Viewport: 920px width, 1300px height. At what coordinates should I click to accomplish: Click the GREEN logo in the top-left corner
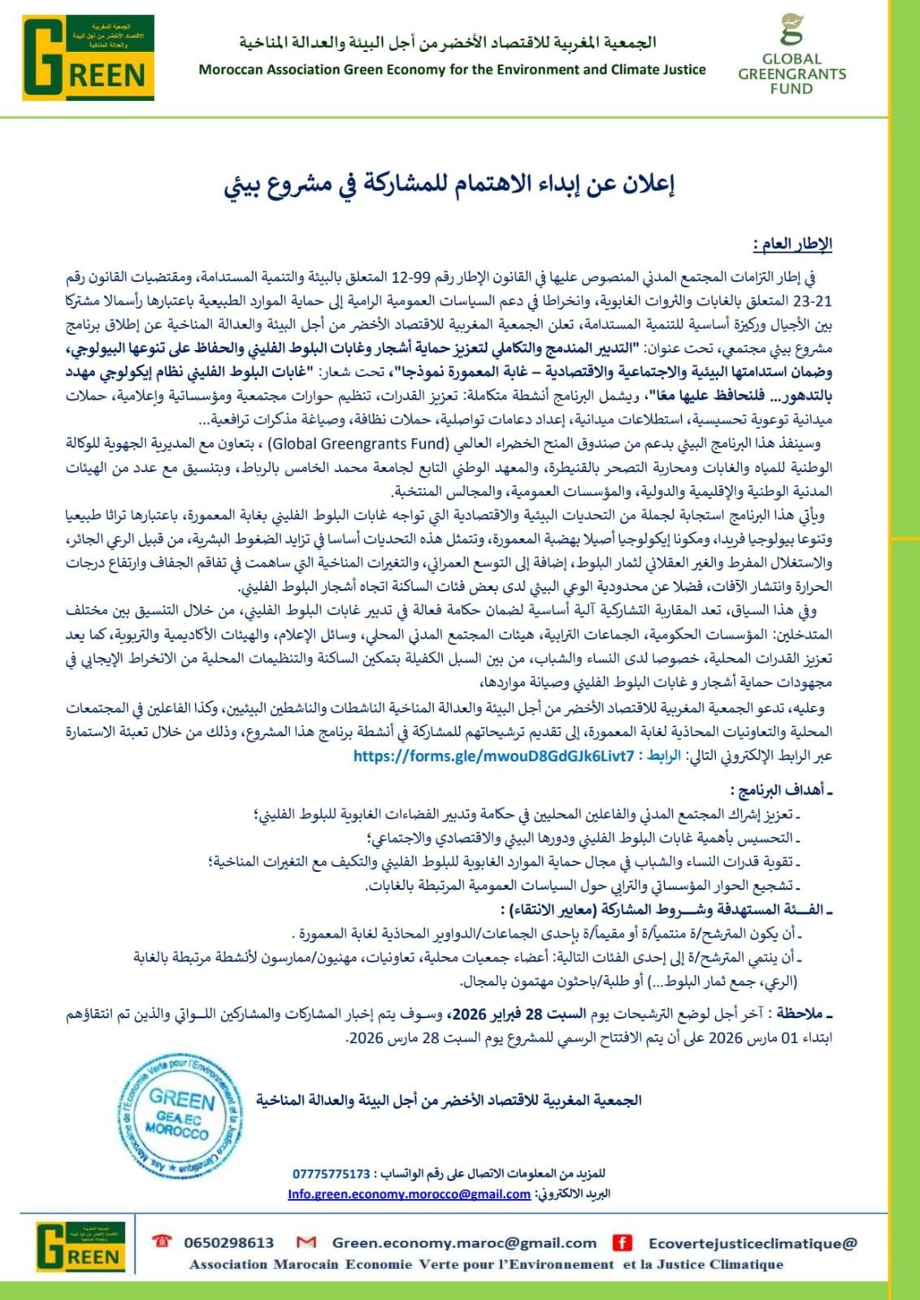click(88, 57)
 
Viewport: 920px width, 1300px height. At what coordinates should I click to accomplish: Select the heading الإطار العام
click(792, 244)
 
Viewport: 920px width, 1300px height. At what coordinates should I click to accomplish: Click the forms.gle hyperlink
click(493, 756)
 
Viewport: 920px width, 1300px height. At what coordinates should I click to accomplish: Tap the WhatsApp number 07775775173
click(332, 1174)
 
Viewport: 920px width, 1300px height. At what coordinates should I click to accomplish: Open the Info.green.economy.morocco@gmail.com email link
click(409, 1194)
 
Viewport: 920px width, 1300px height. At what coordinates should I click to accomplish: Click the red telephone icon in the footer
click(163, 1241)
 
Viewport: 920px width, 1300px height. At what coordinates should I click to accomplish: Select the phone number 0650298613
click(229, 1242)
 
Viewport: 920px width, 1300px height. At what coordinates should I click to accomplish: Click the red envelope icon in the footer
click(306, 1242)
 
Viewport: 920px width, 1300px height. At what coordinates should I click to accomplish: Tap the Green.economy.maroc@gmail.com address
click(464, 1242)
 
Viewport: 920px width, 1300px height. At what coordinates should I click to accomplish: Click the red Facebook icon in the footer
click(623, 1242)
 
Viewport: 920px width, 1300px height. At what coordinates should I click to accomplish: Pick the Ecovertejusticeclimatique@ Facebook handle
click(753, 1242)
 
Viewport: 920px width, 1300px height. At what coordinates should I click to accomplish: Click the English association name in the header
click(452, 70)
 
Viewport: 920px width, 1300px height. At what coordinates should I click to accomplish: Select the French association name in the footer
click(486, 1264)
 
